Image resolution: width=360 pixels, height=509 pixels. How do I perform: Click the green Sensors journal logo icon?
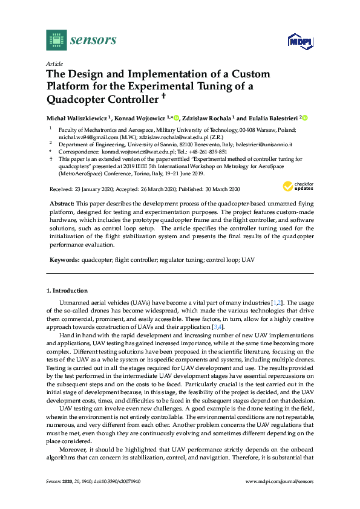pos(55,41)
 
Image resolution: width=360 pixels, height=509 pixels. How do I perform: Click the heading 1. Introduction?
pos(67,290)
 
